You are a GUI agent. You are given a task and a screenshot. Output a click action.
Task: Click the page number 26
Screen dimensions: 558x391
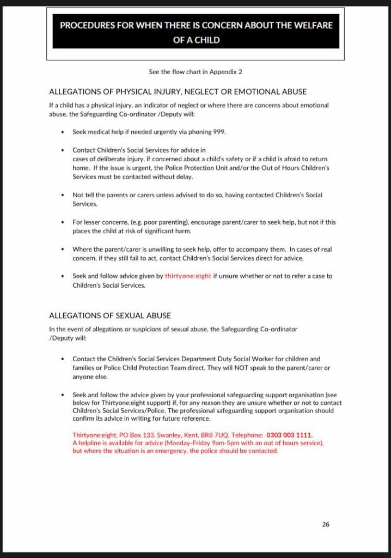coord(326,524)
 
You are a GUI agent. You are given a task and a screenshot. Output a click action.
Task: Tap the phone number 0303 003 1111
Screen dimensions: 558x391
coord(290,435)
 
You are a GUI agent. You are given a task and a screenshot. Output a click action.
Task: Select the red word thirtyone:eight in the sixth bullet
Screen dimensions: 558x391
coord(188,276)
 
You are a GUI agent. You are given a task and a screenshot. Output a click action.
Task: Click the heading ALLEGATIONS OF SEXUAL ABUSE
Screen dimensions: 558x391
coord(110,316)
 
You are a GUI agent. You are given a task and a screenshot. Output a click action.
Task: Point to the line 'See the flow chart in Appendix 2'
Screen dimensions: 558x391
coord(195,71)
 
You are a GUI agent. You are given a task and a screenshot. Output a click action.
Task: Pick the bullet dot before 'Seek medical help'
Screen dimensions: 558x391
coord(64,132)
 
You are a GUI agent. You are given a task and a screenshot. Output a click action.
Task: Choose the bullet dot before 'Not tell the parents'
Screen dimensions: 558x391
coord(64,195)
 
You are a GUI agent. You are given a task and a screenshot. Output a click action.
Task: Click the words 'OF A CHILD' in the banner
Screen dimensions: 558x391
coord(196,40)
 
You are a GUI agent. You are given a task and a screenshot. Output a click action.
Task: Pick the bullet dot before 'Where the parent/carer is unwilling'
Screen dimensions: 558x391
coord(64,249)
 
